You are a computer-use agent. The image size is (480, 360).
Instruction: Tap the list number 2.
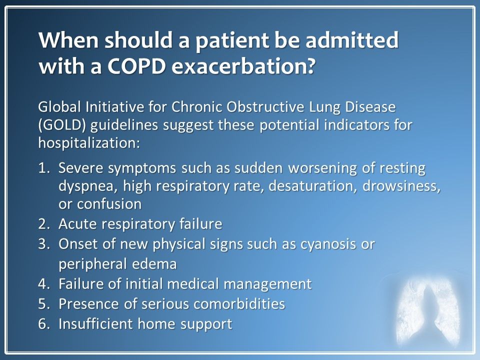42,224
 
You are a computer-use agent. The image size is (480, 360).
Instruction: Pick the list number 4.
42,284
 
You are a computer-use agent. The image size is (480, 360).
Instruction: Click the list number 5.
42,304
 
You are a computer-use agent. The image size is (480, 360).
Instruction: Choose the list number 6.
42,323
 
